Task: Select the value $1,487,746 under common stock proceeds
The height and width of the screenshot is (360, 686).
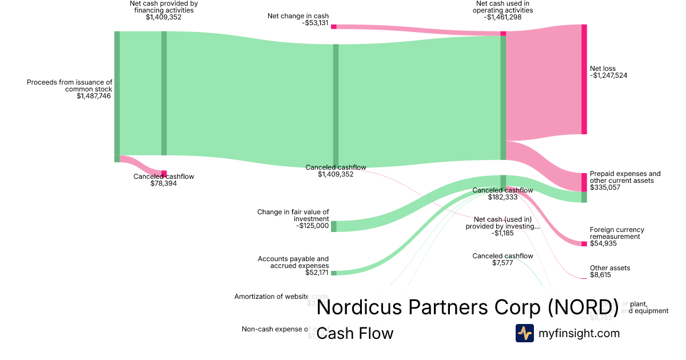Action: click(x=94, y=97)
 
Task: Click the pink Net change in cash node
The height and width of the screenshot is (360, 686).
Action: click(x=334, y=26)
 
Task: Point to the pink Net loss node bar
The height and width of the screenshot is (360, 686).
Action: click(x=584, y=79)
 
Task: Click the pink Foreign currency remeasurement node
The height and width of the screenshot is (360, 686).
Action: click(x=584, y=244)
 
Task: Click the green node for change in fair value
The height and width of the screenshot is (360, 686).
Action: click(x=334, y=226)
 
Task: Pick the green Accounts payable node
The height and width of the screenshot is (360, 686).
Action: click(x=334, y=273)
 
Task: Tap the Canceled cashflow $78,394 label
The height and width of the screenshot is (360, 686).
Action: click(x=163, y=180)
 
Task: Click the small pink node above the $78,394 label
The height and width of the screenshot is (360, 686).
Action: click(x=164, y=174)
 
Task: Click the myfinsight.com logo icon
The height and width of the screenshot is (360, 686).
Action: click(x=525, y=333)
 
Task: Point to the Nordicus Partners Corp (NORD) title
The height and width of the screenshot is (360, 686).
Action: click(x=467, y=307)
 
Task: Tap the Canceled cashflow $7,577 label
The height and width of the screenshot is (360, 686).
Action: click(x=502, y=259)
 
